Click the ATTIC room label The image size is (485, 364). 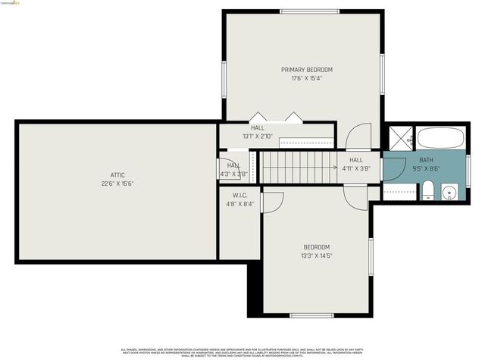click(x=117, y=175)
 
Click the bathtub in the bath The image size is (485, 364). click(x=440, y=138)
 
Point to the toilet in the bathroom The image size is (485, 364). click(x=428, y=190)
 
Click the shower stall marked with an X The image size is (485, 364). click(x=399, y=138)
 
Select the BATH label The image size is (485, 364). click(x=427, y=160)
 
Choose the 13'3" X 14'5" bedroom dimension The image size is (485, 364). click(x=317, y=256)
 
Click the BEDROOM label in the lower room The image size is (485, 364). click(x=317, y=247)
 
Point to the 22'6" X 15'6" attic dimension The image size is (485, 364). click(x=117, y=184)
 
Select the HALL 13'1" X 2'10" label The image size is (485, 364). click(x=258, y=132)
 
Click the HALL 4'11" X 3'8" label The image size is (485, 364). click(x=356, y=165)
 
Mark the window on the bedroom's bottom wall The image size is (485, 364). click(x=311, y=315)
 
